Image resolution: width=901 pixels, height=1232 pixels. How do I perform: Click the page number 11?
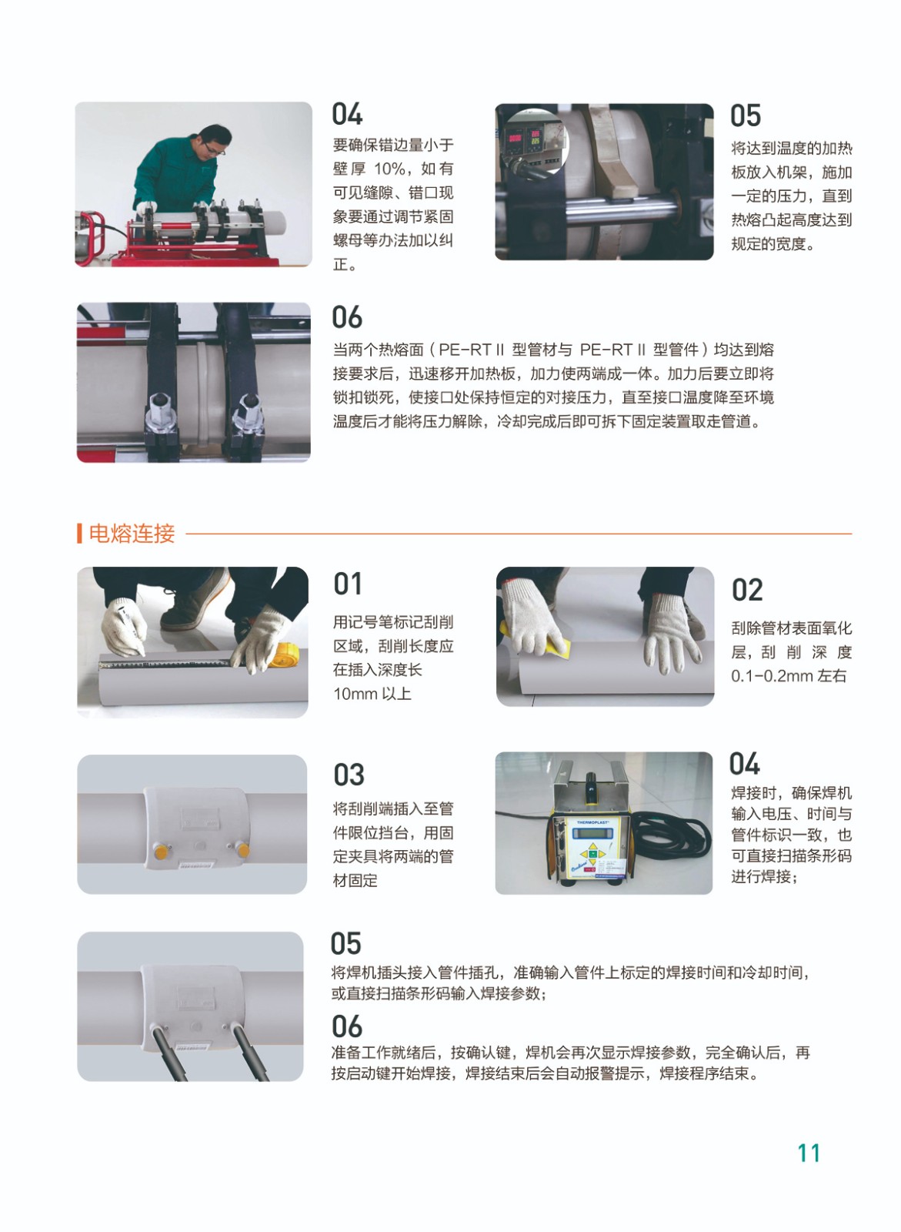click(809, 1153)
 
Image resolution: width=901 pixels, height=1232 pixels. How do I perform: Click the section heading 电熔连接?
click(132, 533)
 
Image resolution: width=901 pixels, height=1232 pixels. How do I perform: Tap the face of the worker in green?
click(215, 143)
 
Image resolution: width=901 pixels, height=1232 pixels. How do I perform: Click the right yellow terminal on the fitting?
click(242, 850)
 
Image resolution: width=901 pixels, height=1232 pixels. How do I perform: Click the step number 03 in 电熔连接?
click(349, 775)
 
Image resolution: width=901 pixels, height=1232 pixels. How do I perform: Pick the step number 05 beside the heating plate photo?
click(746, 115)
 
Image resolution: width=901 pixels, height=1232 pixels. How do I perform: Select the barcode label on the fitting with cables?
click(190, 1046)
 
